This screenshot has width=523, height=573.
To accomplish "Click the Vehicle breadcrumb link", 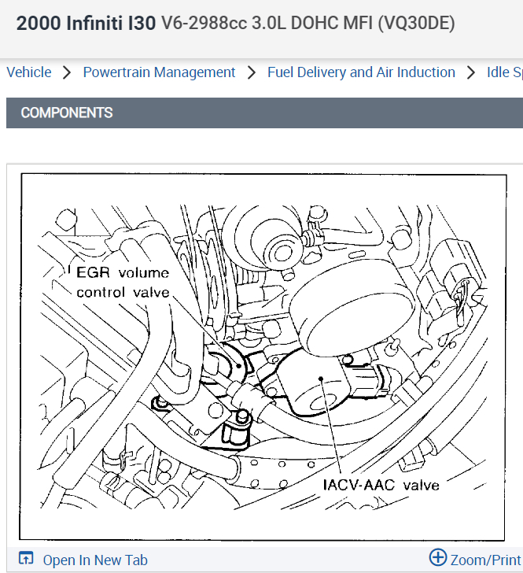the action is point(29,72).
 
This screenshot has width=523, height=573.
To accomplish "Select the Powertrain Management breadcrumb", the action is point(159,72).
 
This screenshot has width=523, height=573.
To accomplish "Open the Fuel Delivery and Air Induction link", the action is point(361,72).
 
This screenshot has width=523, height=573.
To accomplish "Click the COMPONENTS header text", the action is point(67,113).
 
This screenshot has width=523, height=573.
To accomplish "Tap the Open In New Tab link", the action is point(95,560).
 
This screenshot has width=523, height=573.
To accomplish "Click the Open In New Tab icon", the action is point(26,560).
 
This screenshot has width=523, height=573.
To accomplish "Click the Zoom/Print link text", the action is point(485,560).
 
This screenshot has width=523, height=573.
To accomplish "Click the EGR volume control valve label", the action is point(122,283).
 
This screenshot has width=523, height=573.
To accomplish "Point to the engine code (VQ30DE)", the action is point(416,23).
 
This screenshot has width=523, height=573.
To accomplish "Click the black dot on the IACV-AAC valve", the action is point(322,379).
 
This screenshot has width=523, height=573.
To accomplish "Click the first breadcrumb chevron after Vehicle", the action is point(67,72).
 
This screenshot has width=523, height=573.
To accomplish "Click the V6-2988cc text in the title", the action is point(203,23).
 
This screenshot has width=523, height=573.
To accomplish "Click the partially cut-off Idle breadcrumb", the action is point(503,72).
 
